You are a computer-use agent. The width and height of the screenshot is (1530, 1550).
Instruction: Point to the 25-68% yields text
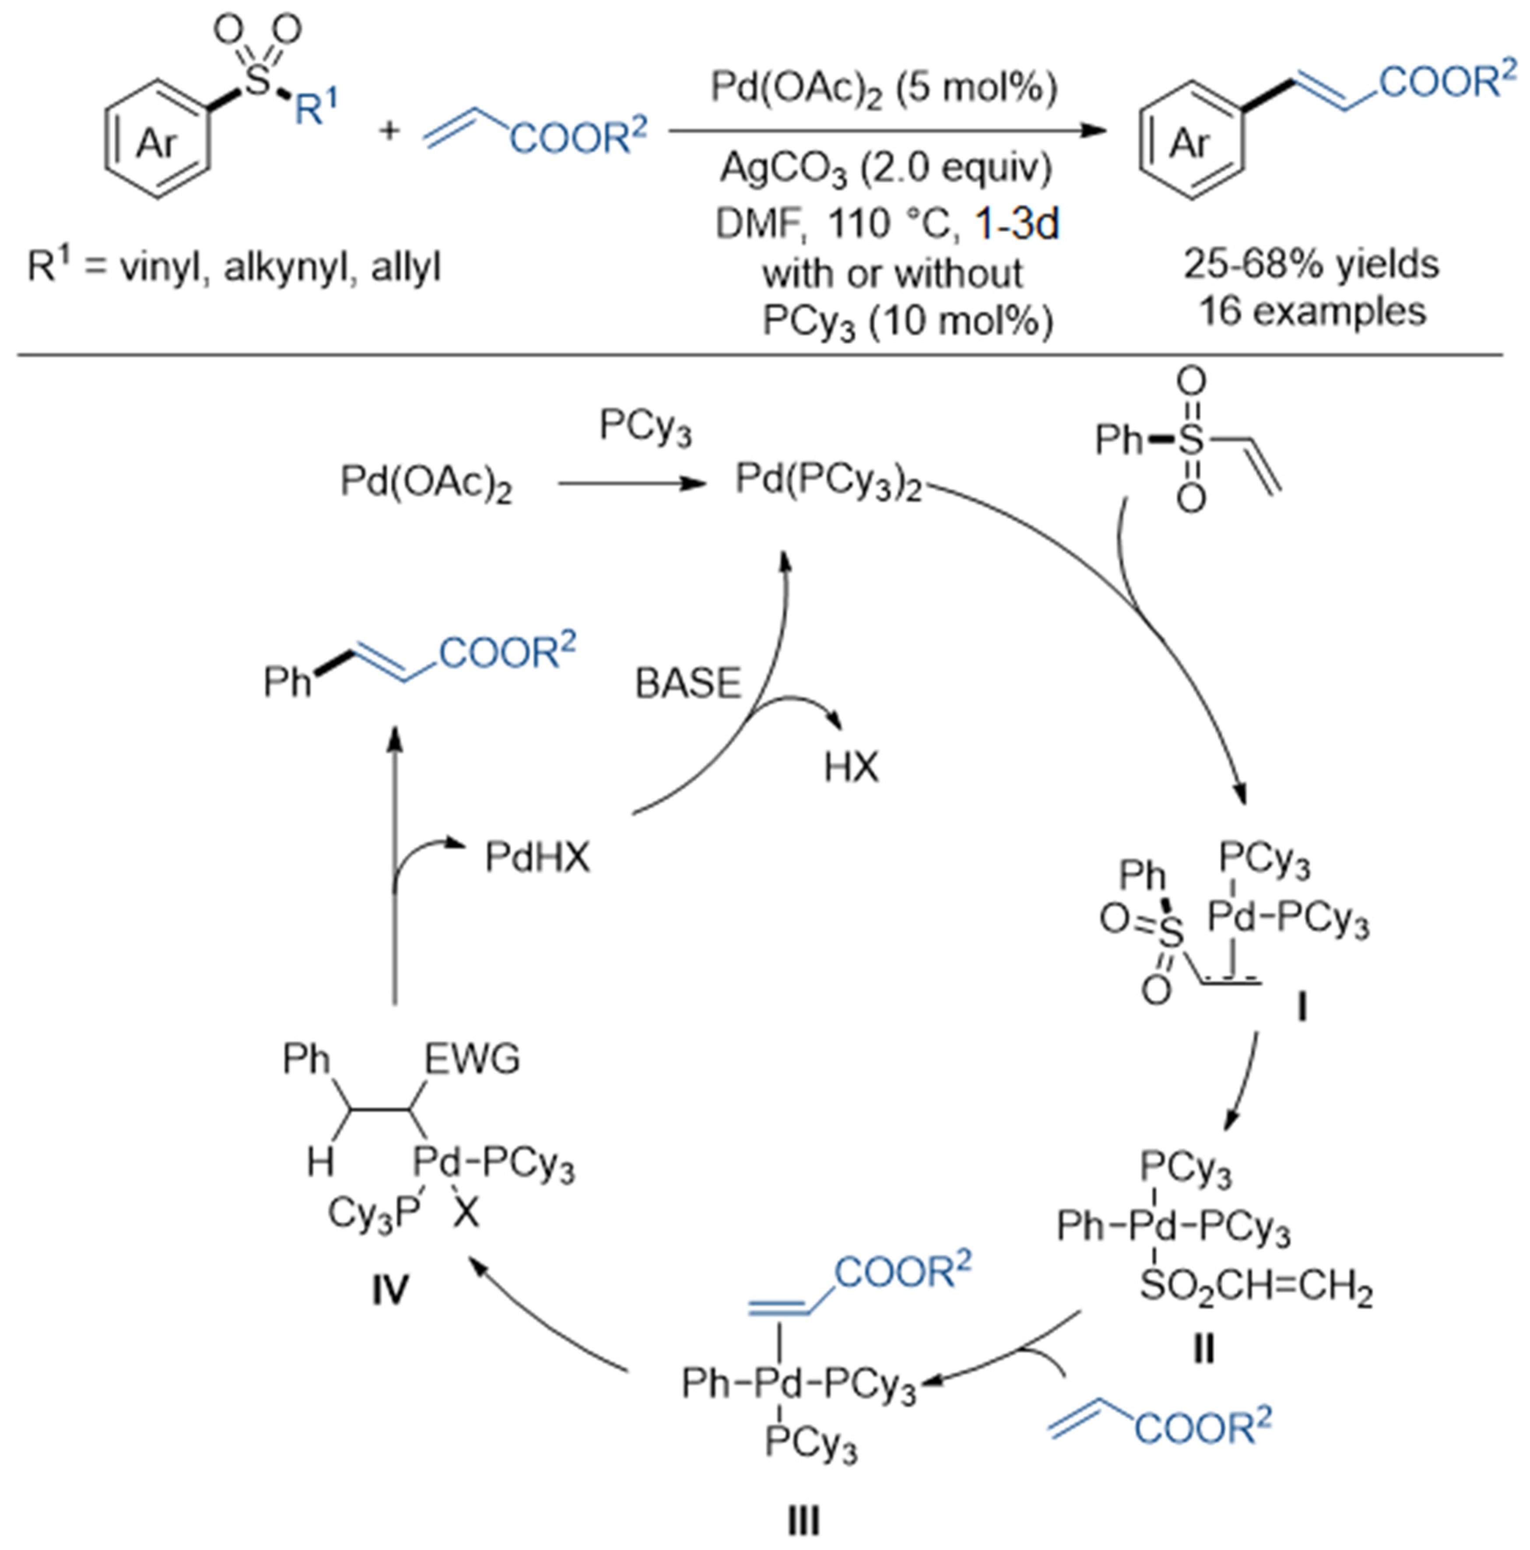[x=1311, y=263]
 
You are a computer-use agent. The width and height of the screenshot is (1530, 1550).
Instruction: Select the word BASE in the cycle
[x=687, y=684]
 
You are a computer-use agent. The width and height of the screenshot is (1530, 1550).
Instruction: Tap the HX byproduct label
[x=851, y=768]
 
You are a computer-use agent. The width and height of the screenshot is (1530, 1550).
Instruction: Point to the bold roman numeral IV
[x=390, y=1291]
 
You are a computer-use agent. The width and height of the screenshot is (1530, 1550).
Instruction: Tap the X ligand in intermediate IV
[x=465, y=1214]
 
